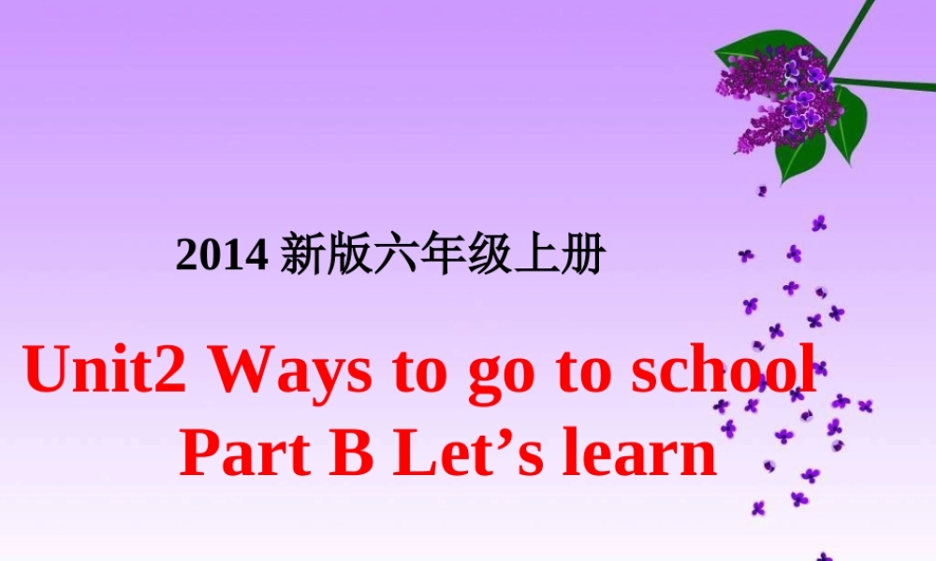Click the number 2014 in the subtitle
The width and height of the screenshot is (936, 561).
tap(223, 256)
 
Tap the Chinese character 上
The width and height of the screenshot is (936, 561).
tap(535, 255)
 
